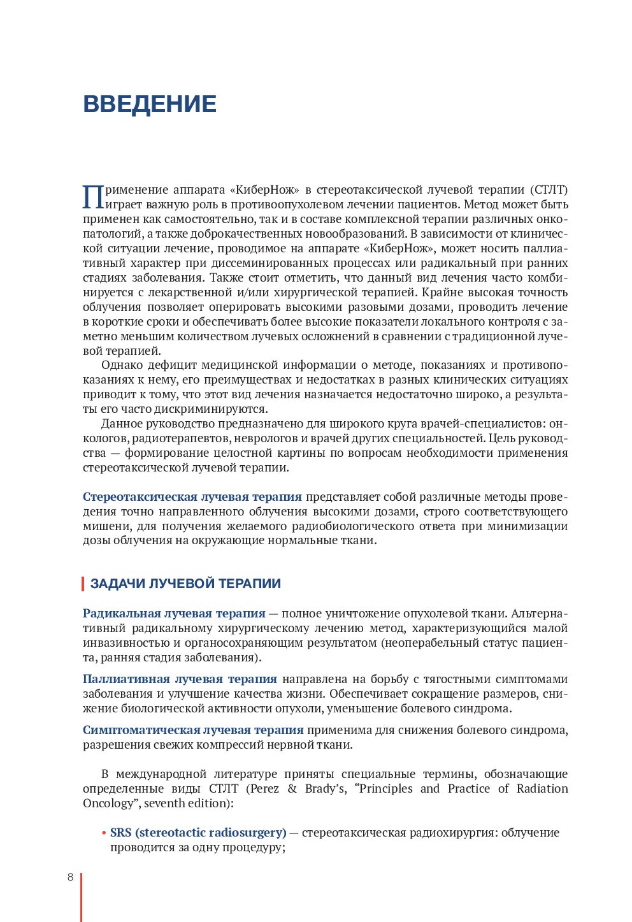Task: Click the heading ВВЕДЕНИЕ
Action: coord(150,104)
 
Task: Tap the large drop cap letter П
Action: coord(93,198)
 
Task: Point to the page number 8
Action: coord(71,877)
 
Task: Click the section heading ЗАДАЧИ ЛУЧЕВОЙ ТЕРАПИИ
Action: coord(185,584)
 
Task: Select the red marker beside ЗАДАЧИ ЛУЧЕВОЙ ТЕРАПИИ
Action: coord(83,584)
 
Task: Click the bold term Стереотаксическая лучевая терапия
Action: coord(192,497)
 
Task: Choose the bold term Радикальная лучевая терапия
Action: coord(174,614)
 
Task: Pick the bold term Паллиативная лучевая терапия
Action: coord(180,679)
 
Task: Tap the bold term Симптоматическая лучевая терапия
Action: coord(193,730)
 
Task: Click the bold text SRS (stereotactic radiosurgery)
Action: coord(198,833)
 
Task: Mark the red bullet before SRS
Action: coord(103,833)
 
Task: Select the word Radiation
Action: coord(542,789)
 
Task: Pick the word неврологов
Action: coord(259,438)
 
